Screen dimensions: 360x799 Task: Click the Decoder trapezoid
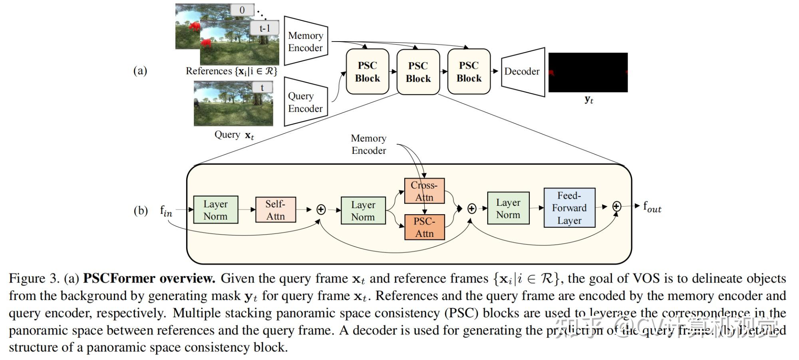point(523,72)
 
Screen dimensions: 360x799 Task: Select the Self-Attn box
point(276,210)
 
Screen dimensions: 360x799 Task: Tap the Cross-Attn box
point(424,191)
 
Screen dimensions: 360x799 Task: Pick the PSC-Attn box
point(424,227)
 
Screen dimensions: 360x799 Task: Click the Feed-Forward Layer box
point(569,208)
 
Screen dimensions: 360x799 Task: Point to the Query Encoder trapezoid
point(306,102)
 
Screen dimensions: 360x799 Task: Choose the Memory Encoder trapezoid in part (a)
point(306,41)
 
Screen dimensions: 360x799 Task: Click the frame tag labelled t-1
point(264,28)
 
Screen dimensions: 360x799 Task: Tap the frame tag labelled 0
point(242,10)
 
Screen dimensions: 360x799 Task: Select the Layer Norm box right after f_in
point(216,210)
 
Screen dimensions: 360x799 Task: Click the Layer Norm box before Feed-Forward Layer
point(508,208)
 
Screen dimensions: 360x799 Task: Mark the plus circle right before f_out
point(616,206)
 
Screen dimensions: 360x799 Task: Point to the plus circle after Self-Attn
point(321,209)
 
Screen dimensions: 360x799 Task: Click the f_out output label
point(652,207)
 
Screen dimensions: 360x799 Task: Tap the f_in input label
point(166,211)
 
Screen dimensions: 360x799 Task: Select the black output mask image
point(588,72)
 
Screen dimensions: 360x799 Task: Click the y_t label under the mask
point(588,99)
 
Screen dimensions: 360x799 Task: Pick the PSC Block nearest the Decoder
point(469,72)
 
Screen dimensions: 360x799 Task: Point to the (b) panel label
point(141,211)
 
